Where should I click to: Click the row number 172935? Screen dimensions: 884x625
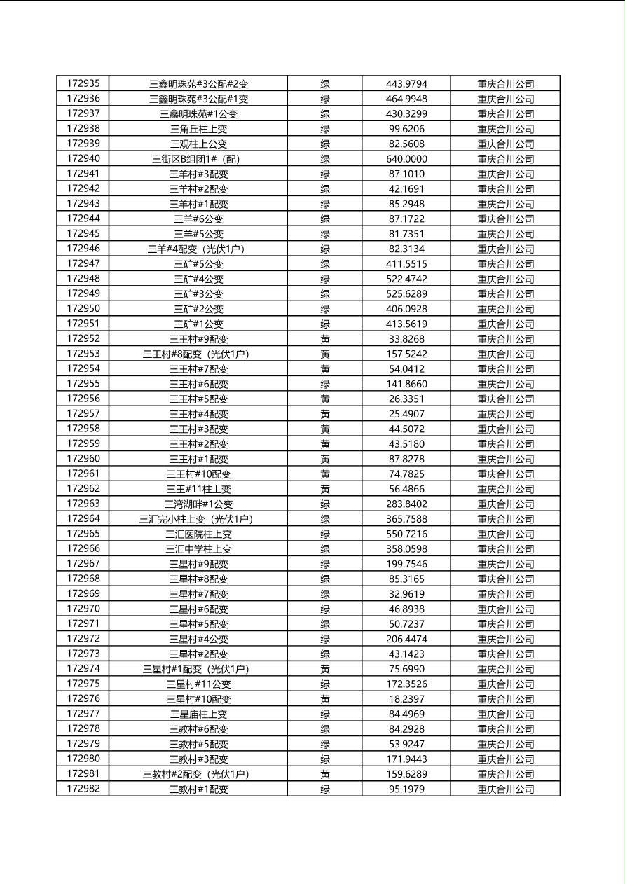point(83,84)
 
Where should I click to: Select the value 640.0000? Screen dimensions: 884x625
point(406,159)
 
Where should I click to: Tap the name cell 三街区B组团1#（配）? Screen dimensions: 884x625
point(198,159)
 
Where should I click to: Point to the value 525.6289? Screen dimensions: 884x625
point(406,294)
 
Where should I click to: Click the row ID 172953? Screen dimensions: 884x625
point(83,354)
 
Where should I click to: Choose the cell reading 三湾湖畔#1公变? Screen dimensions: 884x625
point(198,504)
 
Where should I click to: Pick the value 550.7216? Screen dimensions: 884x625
point(406,534)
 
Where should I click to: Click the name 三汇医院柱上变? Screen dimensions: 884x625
point(198,534)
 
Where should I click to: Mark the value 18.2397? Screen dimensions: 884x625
point(406,699)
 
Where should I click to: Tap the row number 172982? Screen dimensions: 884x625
point(83,789)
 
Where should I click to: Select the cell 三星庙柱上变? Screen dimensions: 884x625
point(198,714)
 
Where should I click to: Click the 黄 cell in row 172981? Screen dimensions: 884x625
point(325,774)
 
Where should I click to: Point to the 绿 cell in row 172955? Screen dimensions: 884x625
point(325,384)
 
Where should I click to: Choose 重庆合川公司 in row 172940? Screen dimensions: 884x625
point(505,159)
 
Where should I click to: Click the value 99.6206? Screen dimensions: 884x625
point(406,129)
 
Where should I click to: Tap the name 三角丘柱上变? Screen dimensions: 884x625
point(198,129)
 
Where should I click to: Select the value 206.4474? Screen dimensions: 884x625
point(406,639)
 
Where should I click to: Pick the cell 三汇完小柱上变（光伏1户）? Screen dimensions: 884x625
point(198,519)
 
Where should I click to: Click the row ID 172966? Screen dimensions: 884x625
point(83,549)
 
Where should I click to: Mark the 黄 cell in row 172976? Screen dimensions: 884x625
point(325,699)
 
